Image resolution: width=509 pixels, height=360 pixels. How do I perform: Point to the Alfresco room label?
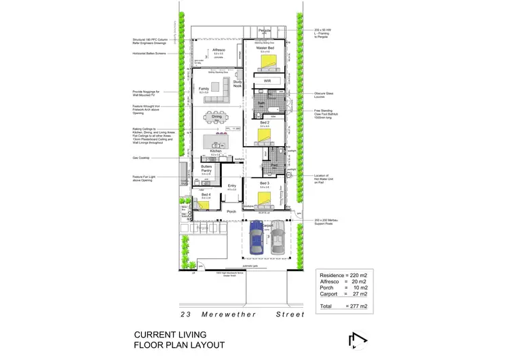tap(219, 50)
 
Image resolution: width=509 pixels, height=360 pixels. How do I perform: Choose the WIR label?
tap(267, 81)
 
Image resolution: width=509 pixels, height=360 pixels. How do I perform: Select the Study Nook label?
tap(237, 84)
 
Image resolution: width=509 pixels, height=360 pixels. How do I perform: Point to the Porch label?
tap(231, 212)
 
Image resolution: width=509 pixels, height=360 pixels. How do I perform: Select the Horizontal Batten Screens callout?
tap(151, 54)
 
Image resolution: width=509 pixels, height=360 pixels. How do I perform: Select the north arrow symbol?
tap(355, 339)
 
